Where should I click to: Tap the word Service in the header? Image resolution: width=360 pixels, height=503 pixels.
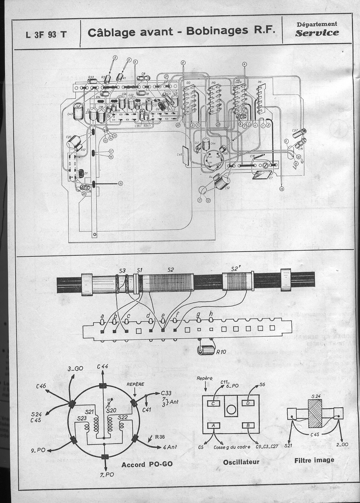pos(317,33)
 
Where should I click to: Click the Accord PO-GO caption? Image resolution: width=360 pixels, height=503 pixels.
pos(147,464)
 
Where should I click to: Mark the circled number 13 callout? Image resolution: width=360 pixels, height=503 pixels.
pos(282,189)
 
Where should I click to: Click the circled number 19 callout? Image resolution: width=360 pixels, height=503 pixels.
pos(120,184)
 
